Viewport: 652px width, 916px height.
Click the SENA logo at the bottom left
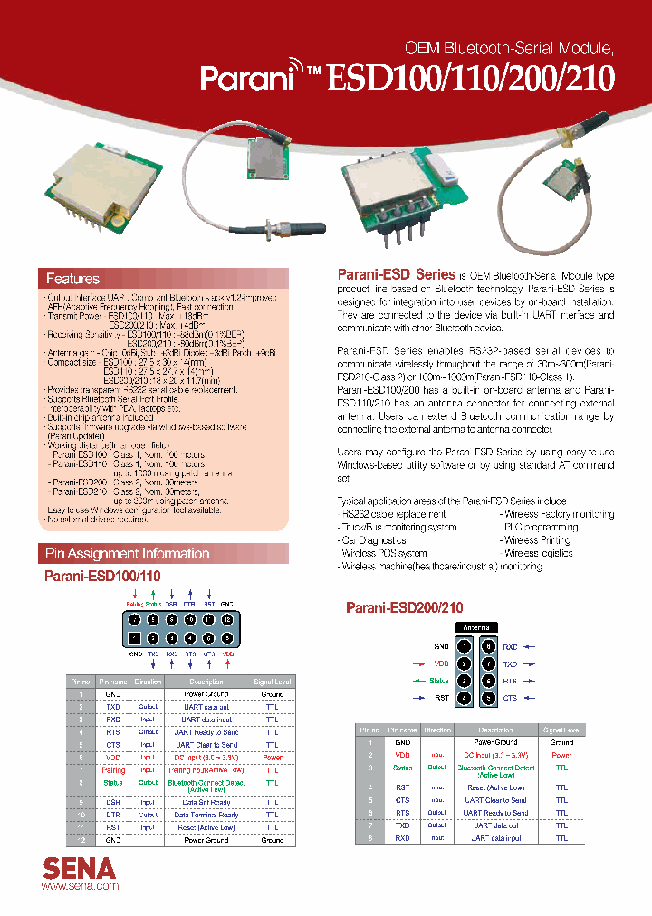coord(80,868)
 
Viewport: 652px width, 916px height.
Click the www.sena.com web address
coord(81,886)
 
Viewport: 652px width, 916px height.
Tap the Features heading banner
coord(163,279)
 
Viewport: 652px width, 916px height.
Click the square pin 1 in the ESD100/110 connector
coord(135,638)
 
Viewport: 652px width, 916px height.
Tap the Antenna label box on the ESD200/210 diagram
coord(476,626)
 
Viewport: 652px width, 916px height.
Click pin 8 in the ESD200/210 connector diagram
coord(488,646)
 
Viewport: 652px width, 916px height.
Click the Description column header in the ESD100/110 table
coord(206,681)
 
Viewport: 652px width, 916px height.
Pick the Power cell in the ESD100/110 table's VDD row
coord(273,757)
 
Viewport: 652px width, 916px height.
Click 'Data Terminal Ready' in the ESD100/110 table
coord(206,815)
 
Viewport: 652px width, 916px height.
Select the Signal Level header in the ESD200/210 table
coord(561,730)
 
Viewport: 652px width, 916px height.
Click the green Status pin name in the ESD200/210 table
coord(402,768)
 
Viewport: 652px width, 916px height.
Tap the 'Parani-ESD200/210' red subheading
coord(404,608)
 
